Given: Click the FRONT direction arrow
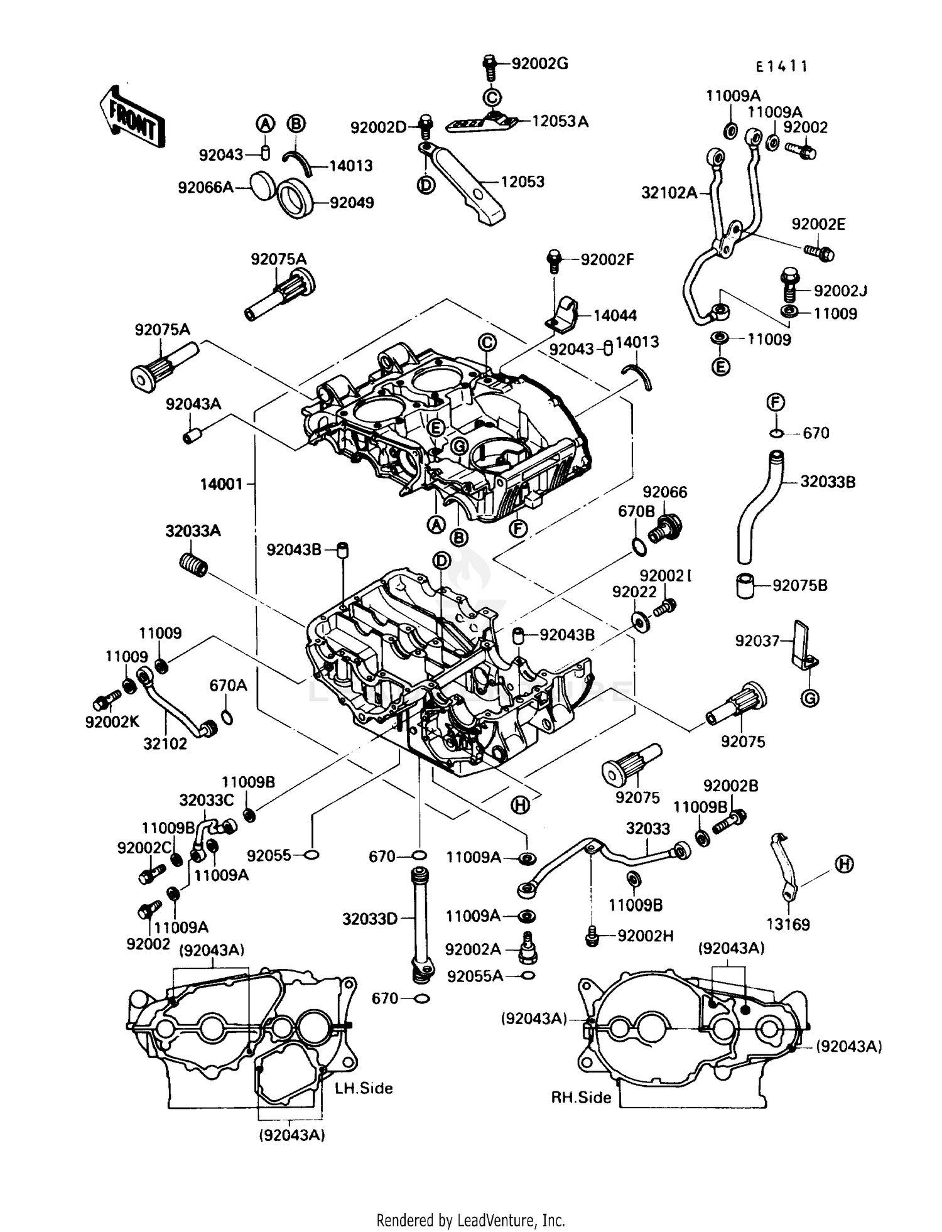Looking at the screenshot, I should [x=133, y=116].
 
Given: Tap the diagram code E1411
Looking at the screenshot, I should [x=781, y=66].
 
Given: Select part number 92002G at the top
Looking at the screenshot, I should [x=539, y=63].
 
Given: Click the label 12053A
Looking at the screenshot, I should [x=560, y=121].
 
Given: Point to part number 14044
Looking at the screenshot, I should [x=615, y=315].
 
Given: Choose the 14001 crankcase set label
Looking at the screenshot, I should [x=221, y=484].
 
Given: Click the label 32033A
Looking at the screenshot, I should [x=193, y=531].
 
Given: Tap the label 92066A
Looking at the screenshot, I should [x=205, y=187].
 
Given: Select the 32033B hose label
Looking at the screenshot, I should [x=828, y=482].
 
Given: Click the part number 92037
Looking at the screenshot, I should [x=757, y=640].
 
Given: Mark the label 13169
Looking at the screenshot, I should [x=788, y=924].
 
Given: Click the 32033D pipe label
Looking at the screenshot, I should [x=369, y=919].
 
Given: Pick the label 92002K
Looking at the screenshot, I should [x=112, y=722].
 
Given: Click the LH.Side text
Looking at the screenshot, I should [x=364, y=1088].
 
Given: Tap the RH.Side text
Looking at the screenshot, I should [x=581, y=1098].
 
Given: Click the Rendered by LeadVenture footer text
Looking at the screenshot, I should [x=470, y=1219].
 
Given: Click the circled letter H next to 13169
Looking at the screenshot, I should [x=845, y=865].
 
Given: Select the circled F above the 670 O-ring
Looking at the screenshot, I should [x=776, y=403].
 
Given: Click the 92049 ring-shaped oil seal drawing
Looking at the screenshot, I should [x=296, y=198].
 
